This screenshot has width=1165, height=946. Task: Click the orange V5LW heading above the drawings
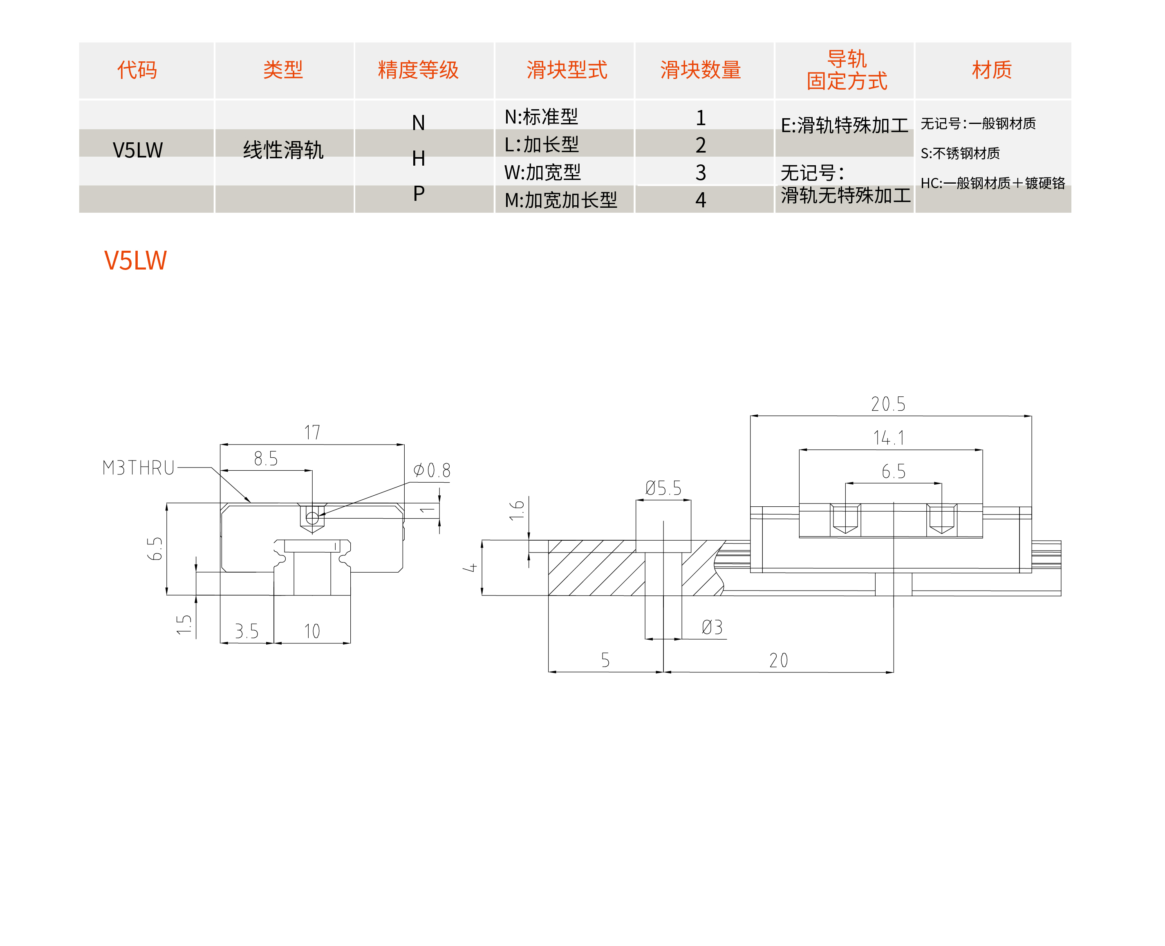(135, 261)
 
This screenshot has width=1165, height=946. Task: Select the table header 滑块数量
(700, 70)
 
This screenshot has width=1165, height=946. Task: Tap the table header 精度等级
(418, 70)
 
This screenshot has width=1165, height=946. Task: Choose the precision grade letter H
(418, 159)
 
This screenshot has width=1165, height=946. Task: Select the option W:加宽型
(542, 173)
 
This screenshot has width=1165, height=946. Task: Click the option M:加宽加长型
(561, 200)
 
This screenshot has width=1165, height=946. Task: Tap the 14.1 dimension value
(889, 438)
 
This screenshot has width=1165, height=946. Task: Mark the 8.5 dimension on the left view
(266, 459)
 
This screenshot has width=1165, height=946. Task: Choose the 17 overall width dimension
(312, 433)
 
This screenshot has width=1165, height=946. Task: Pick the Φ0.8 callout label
(432, 470)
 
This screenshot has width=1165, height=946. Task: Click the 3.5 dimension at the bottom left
(247, 631)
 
